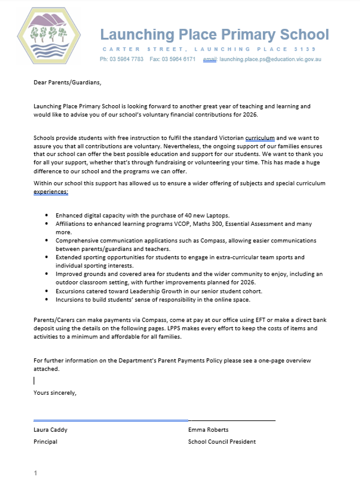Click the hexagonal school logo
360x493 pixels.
pos(49,36)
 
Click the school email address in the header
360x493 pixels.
pos(270,59)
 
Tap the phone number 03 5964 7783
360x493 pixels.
pos(127,59)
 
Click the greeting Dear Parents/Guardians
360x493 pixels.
pos(67,82)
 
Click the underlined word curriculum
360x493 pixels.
pos(260,138)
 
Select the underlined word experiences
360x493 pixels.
pos(51,191)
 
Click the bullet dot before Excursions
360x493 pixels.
pos(46,291)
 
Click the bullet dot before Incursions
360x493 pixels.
pos(46,299)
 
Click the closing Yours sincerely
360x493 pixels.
pos(55,393)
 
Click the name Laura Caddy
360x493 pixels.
pos(51,430)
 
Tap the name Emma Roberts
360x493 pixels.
pos(208,430)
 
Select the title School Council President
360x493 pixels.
pos(222,442)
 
